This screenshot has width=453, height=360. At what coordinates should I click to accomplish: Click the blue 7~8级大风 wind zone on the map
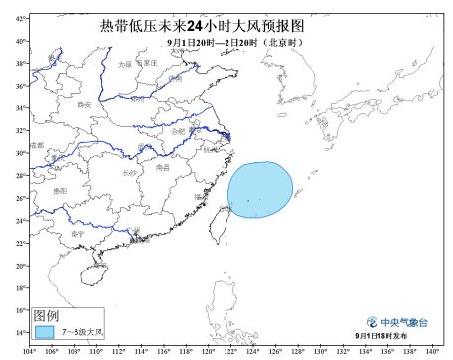click(x=260, y=195)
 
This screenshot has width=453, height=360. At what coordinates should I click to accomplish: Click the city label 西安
click(x=85, y=103)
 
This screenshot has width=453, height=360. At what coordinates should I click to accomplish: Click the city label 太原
click(x=124, y=64)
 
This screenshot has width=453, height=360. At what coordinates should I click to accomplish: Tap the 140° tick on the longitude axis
click(x=433, y=351)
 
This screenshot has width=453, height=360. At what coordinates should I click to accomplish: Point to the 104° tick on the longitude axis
click(x=30, y=351)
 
